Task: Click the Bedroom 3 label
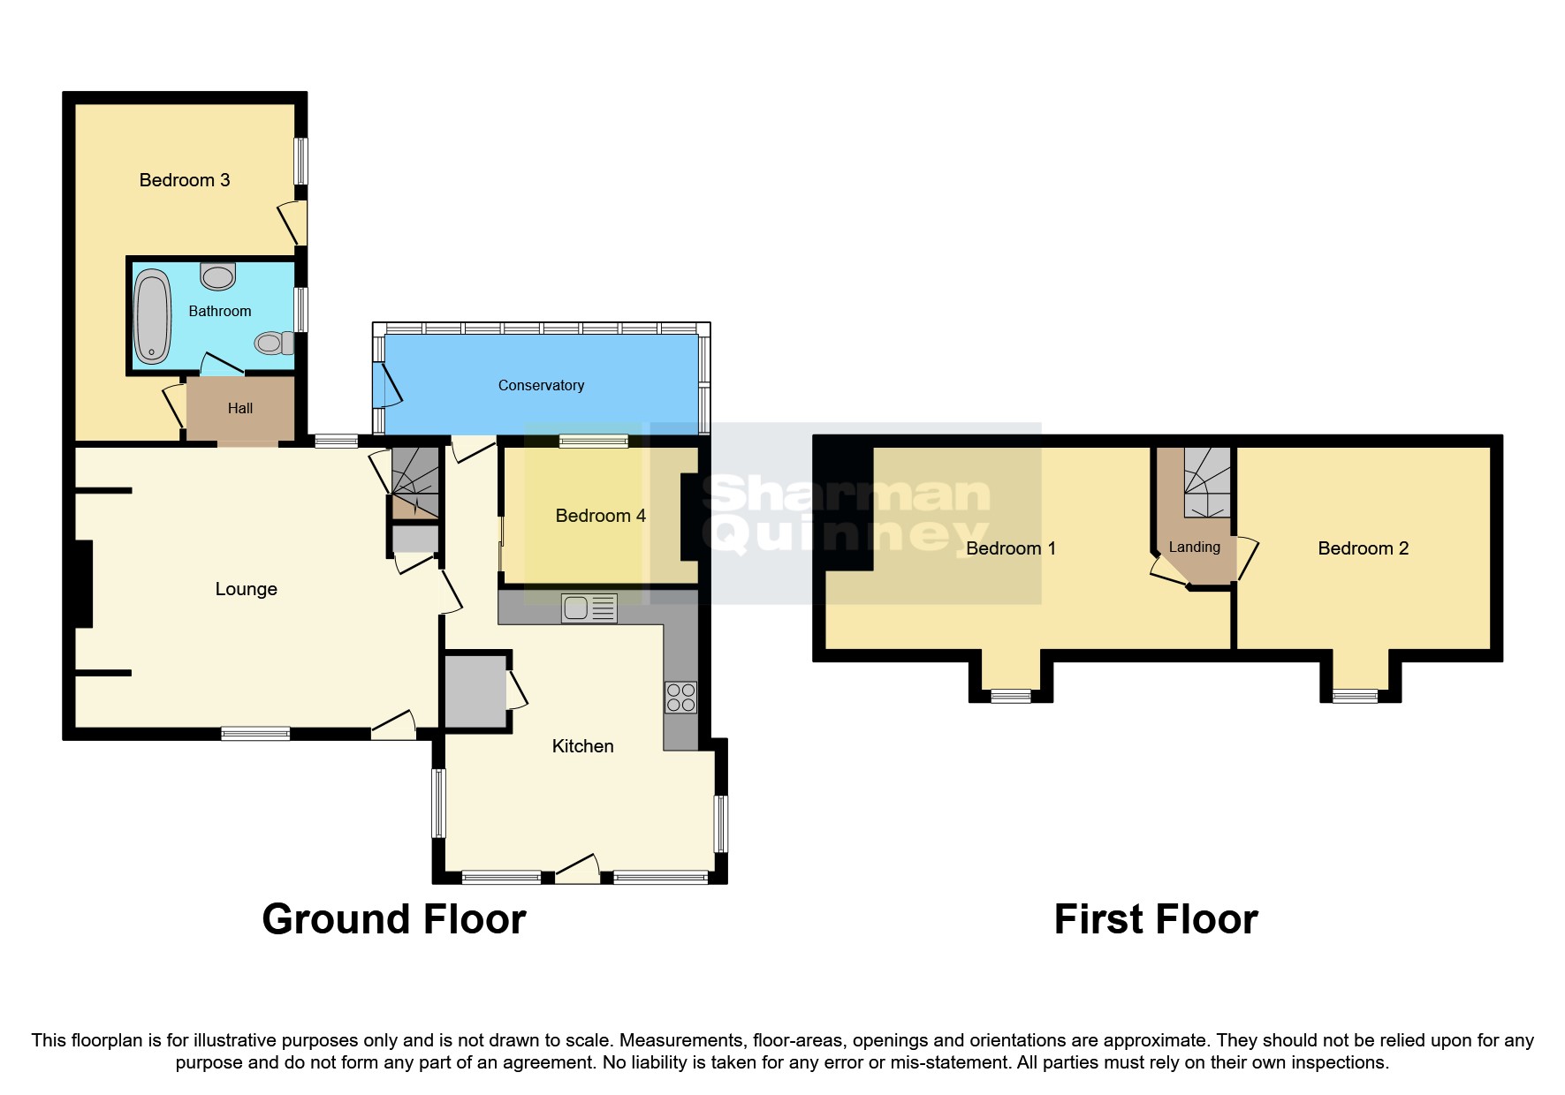[185, 180]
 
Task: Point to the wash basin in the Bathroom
[218, 276]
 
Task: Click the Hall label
[240, 408]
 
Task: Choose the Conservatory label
[541, 385]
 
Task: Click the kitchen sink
[589, 608]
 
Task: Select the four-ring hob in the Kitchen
[680, 698]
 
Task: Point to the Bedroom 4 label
[600, 516]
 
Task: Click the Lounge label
[247, 589]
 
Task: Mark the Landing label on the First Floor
[1194, 547]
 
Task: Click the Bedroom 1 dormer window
[1011, 696]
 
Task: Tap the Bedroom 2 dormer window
[1355, 696]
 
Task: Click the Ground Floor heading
[393, 919]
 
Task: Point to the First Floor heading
[1155, 919]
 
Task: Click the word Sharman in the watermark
[846, 495]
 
